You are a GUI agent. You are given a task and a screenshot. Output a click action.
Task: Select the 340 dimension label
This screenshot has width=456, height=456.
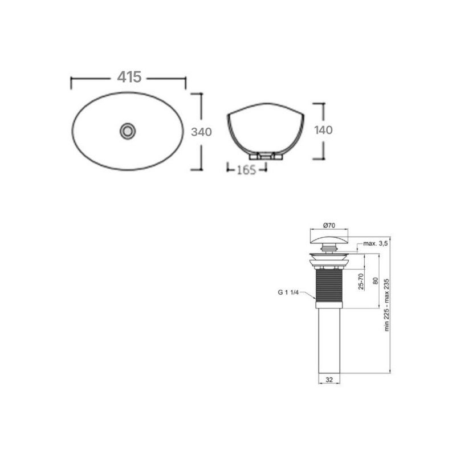click(201, 132)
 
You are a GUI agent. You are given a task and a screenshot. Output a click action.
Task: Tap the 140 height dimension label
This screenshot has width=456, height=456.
click(323, 130)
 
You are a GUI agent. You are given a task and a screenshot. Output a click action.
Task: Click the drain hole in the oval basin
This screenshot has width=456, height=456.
click(128, 131)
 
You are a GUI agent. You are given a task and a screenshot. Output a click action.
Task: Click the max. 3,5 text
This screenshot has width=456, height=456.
click(376, 243)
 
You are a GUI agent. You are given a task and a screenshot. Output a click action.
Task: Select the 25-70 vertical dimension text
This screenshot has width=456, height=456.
click(361, 281)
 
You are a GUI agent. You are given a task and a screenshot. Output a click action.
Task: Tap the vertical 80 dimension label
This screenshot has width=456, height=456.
click(374, 281)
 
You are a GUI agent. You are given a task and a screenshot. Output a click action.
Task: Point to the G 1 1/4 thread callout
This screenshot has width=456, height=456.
click(288, 292)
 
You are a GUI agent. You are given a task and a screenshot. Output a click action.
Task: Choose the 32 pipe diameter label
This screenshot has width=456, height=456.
click(329, 379)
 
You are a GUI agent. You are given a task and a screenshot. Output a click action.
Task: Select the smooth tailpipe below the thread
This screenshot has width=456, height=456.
click(329, 340)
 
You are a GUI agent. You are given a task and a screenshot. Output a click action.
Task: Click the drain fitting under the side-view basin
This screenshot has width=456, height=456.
click(266, 155)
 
